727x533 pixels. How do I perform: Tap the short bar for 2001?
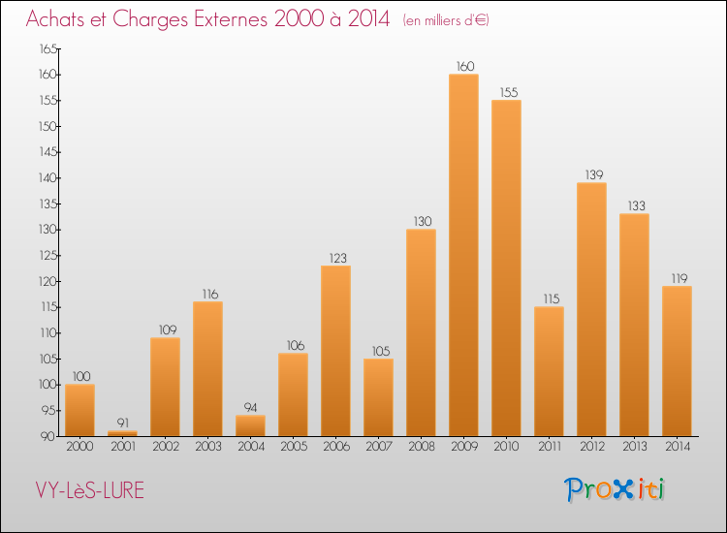[x=122, y=433]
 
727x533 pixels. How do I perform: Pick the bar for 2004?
[x=250, y=425]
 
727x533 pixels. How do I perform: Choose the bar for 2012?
[x=591, y=309]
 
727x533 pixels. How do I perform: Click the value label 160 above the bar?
[x=463, y=67]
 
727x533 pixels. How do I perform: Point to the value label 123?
[x=335, y=258]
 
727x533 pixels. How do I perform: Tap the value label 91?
[x=122, y=423]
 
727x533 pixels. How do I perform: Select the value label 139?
[x=591, y=174]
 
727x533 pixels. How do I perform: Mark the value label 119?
[x=677, y=278]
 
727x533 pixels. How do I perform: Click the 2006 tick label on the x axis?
[x=335, y=447]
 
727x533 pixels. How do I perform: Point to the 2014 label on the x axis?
[x=677, y=447]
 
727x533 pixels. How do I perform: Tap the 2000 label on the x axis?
[x=79, y=447]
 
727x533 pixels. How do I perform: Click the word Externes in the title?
[x=218, y=19]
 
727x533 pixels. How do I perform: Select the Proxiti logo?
[x=616, y=489]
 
